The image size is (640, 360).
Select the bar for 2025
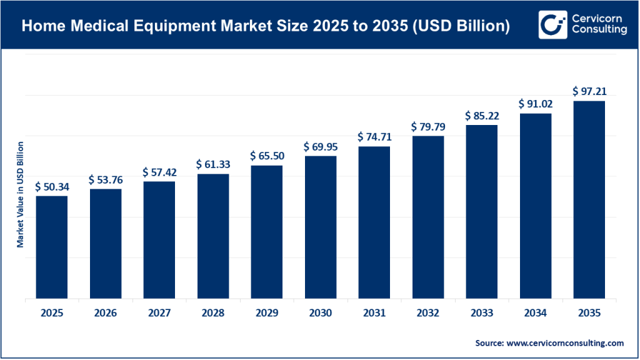point(51,247)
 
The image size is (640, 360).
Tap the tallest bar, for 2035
point(589,199)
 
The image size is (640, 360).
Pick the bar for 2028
point(213,236)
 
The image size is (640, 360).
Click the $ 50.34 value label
point(51,186)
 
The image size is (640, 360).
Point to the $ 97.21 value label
point(589,91)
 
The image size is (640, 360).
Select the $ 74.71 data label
point(374,137)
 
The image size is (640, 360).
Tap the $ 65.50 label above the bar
point(266,156)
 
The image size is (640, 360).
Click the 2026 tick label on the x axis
point(106,313)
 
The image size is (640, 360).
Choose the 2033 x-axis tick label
point(481,313)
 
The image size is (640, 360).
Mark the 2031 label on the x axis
point(374,313)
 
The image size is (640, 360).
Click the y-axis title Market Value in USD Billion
point(21,194)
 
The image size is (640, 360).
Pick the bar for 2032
point(427,217)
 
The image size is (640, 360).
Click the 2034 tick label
point(535,313)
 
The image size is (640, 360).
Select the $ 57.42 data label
point(159,171)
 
